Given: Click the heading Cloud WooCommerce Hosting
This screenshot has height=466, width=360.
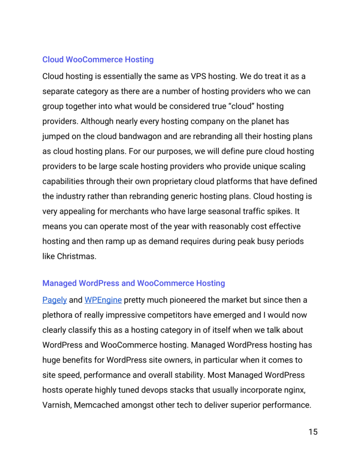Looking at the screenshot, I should (x=98, y=60).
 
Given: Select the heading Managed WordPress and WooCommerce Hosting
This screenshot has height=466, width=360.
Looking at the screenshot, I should (x=133, y=283).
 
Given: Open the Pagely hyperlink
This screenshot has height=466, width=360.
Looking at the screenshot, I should (x=55, y=300).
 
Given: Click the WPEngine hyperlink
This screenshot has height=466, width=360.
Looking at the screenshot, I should (x=103, y=300).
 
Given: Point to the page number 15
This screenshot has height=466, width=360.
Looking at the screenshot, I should (x=313, y=432).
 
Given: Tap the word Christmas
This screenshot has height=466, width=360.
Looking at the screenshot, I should (x=76, y=256).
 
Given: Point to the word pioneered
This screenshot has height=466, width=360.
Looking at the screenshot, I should (x=198, y=300).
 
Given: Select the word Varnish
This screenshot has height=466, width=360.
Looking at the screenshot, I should (x=55, y=405).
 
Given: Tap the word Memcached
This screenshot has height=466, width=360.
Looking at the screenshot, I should (x=96, y=405).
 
